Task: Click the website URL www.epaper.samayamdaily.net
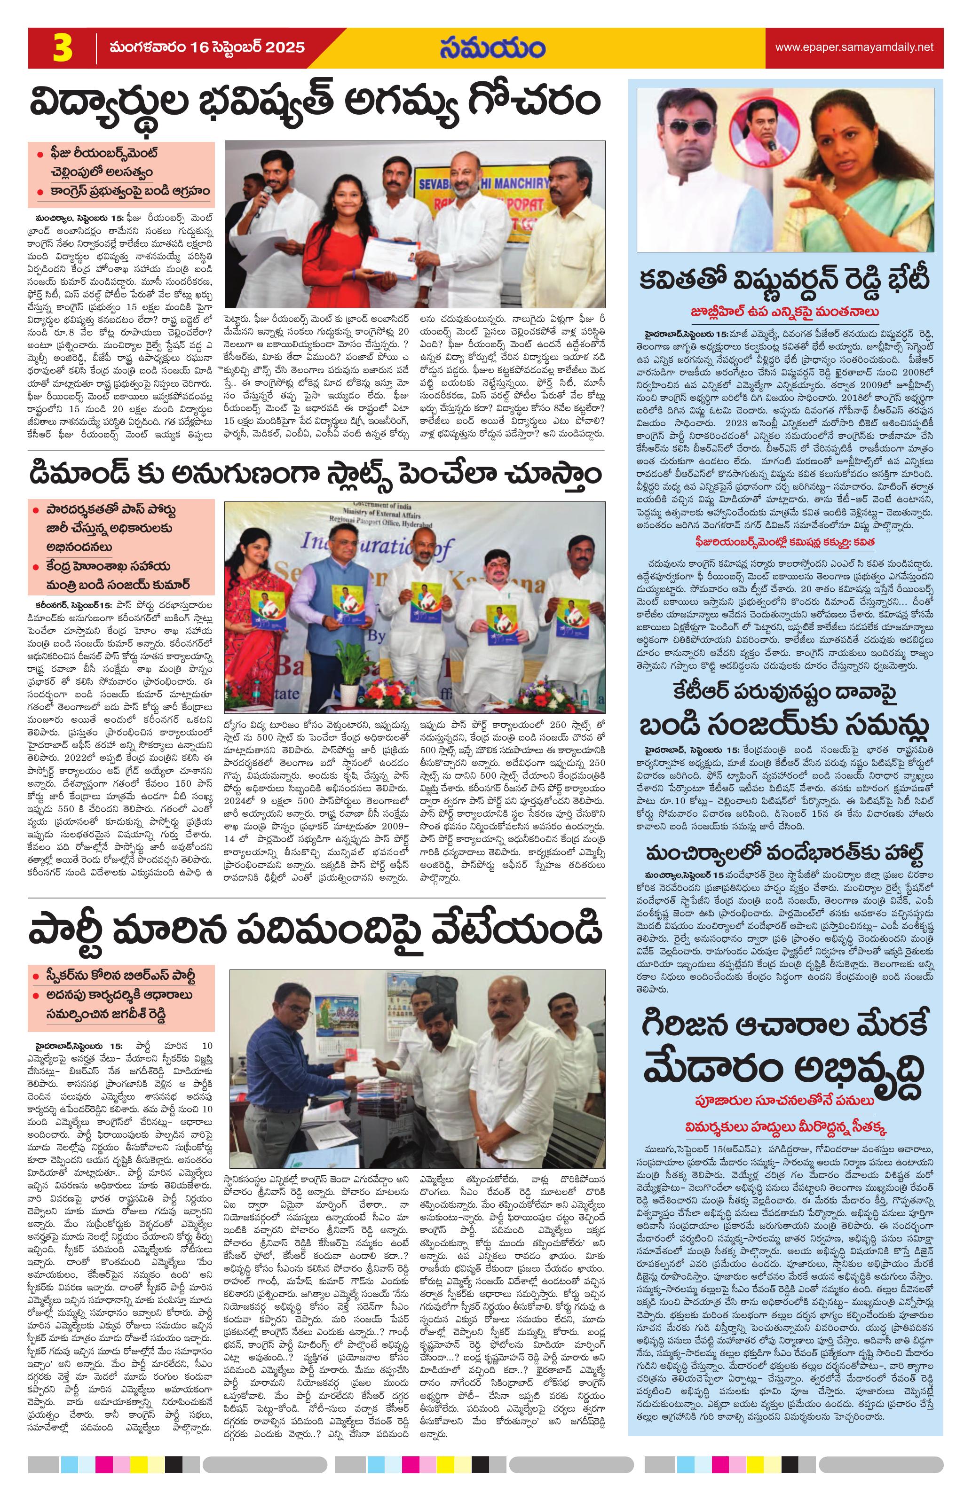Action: (x=853, y=47)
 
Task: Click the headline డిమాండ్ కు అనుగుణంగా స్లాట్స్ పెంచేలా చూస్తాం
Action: (x=315, y=474)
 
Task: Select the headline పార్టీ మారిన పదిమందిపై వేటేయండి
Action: (x=315, y=931)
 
